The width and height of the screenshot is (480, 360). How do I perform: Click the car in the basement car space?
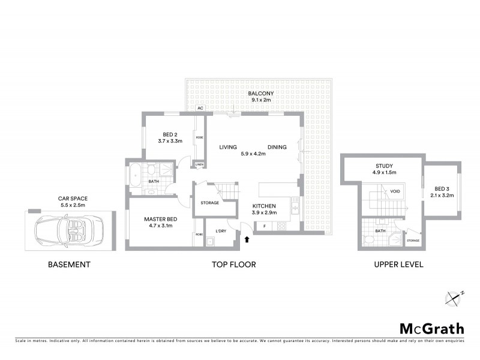pyautogui.click(x=68, y=230)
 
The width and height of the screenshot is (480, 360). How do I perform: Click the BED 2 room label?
pyautogui.click(x=170, y=134)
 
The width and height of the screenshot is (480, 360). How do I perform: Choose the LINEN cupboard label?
pyautogui.click(x=199, y=165)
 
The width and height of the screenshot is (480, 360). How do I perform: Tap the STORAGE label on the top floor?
pyautogui.click(x=209, y=203)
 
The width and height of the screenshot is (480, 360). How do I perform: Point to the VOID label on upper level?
pyautogui.click(x=395, y=191)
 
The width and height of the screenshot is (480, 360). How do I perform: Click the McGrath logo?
pyautogui.click(x=431, y=328)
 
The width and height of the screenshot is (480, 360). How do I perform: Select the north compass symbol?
pyautogui.click(x=454, y=296)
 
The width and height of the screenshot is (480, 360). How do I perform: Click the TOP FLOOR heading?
pyautogui.click(x=235, y=264)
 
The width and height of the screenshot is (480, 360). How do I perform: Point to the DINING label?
pyautogui.click(x=277, y=147)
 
